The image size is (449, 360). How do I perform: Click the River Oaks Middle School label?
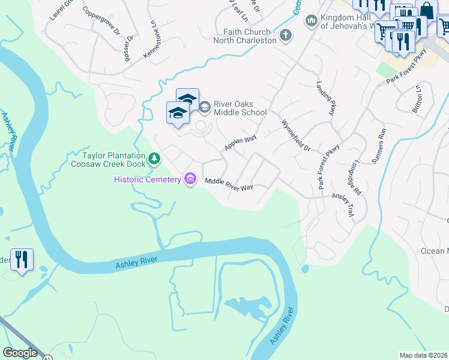240,108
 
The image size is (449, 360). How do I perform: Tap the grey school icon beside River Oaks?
204,107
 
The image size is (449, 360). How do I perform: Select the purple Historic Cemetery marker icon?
191,179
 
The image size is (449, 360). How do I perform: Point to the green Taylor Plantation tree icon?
155,158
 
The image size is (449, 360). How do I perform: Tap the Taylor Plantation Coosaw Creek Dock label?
109,159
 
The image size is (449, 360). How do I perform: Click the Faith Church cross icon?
286,35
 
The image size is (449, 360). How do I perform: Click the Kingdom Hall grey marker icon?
311,22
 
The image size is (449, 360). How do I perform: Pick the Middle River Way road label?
229,184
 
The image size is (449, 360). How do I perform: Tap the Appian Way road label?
240,142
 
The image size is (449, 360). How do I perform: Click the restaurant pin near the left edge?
22,260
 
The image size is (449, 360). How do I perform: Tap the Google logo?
20,353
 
